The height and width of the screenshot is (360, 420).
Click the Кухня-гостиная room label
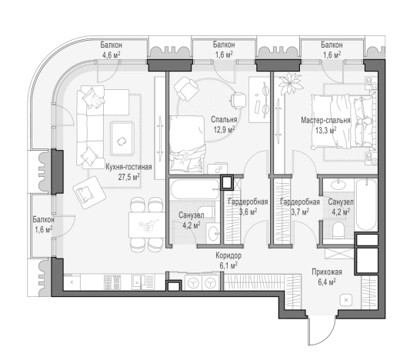pos(128,167)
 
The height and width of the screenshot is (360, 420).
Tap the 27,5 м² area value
pos(128,177)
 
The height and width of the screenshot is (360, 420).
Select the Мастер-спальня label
pos(325,120)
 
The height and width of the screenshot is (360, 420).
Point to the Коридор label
pos(228,255)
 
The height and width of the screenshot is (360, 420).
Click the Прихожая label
pos(327,272)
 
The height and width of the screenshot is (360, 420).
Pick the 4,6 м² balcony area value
pos(112,55)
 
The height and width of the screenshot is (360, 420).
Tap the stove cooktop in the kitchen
pos(112,282)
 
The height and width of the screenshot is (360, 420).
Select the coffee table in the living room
pos(122,138)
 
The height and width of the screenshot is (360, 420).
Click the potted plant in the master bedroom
pos(290,83)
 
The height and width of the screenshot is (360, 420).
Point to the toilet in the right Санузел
pos(339,230)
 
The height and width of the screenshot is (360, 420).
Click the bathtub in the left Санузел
pos(195,190)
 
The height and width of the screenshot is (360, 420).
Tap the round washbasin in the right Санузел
pos(338,185)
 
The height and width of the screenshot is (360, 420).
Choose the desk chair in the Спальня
pos(238,101)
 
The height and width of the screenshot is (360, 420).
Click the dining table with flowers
pos(147,225)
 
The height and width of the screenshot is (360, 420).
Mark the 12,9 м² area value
pos(224,130)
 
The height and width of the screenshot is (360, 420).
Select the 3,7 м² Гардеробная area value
pos(300,212)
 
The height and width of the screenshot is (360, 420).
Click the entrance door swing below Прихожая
pos(322,331)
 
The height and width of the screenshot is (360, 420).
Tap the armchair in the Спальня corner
pos(186,88)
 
